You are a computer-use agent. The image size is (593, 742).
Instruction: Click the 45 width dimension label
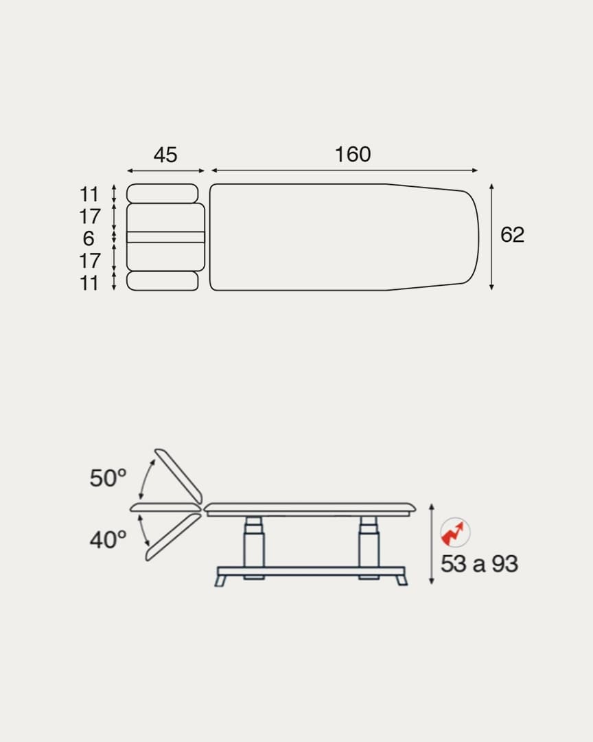(x=165, y=155)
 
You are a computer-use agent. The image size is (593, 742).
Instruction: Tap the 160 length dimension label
(x=353, y=155)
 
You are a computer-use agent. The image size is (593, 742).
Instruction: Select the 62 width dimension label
(x=512, y=235)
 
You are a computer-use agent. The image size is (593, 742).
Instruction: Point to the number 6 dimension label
(x=89, y=238)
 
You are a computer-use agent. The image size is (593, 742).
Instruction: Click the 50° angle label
(x=108, y=478)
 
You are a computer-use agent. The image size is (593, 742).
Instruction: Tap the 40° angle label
(x=108, y=539)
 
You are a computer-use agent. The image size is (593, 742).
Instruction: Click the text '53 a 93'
(x=480, y=563)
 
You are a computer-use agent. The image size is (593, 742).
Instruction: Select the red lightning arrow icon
(x=455, y=532)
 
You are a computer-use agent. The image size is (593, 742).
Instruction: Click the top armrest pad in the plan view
(x=162, y=194)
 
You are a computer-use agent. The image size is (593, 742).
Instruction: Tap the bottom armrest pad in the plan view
(x=162, y=280)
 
